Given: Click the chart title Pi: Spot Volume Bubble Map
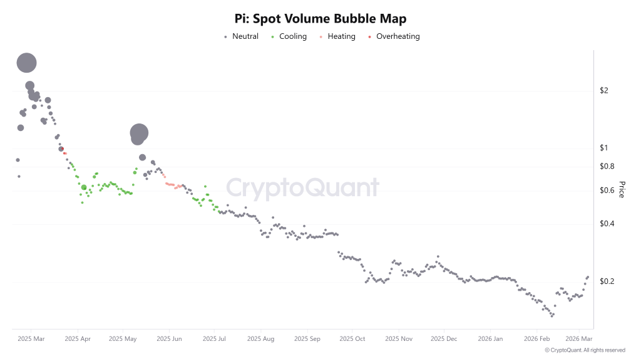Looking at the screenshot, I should (x=320, y=19).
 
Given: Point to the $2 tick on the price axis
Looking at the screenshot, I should (x=603, y=91).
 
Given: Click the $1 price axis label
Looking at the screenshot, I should (x=603, y=148).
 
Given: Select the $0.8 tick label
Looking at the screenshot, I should (x=607, y=166).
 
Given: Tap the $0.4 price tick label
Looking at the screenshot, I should (x=607, y=224).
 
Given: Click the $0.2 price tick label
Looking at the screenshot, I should (x=607, y=281).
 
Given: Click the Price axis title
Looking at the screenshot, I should (x=622, y=189).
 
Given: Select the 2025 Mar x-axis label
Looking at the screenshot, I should (x=31, y=339).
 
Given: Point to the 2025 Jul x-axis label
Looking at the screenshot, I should (x=214, y=339).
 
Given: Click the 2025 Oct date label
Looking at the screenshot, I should (x=351, y=339).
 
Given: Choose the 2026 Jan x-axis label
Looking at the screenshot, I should (x=490, y=339).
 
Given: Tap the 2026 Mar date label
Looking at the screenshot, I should (x=579, y=339).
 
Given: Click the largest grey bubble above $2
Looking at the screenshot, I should (x=26, y=62).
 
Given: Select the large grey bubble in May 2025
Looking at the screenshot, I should (x=138, y=133).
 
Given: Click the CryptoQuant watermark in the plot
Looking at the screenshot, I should (x=302, y=188).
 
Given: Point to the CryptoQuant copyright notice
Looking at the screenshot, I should (x=585, y=350).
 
